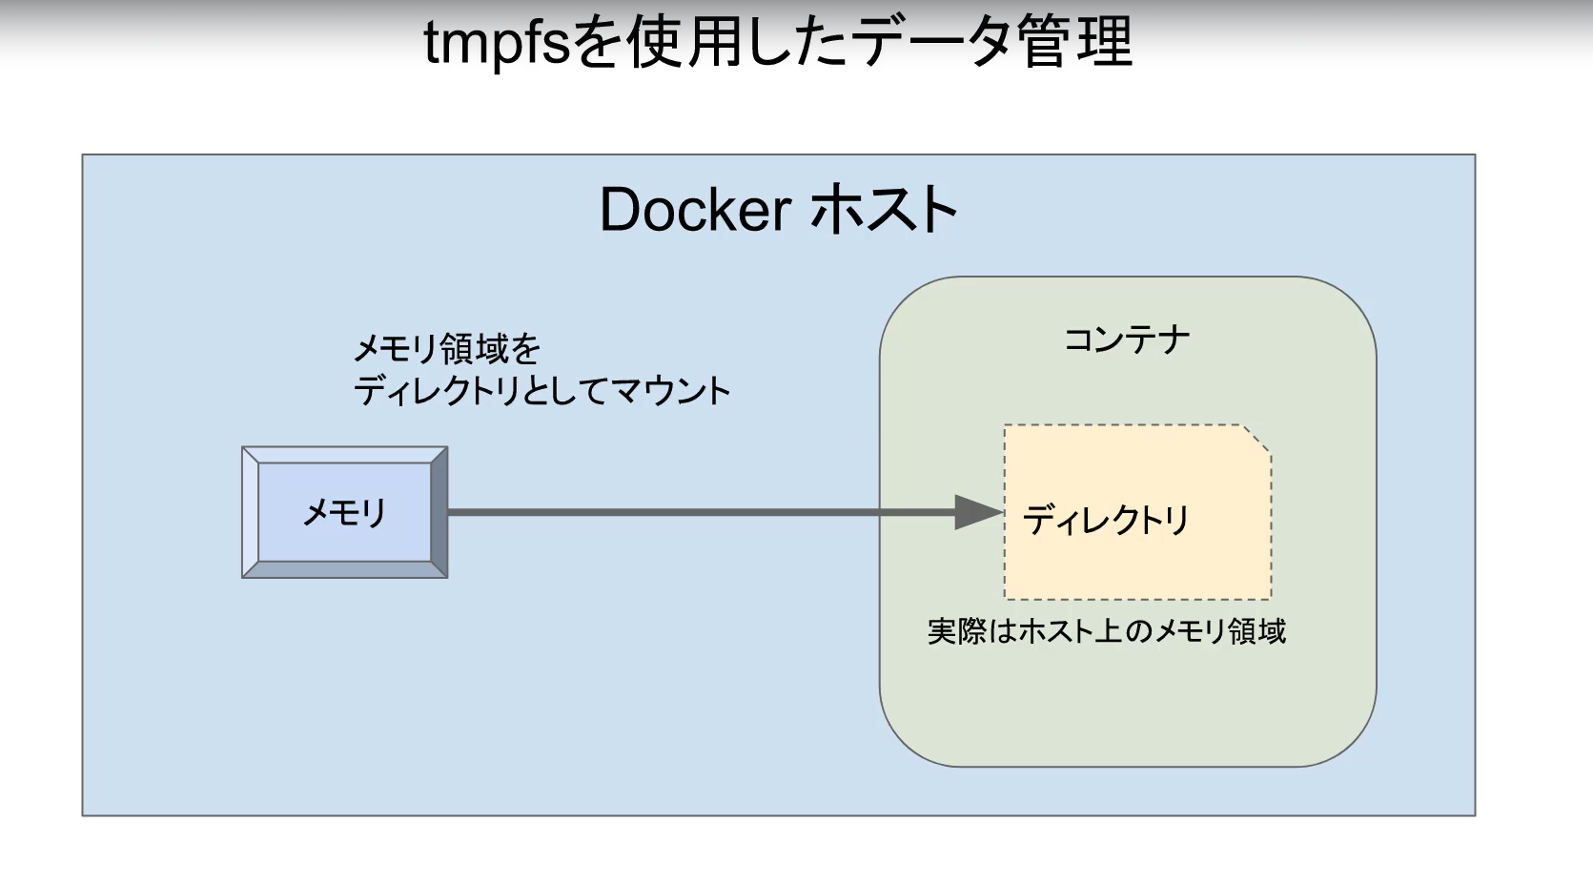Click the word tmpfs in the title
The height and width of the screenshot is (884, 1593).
pyautogui.click(x=496, y=43)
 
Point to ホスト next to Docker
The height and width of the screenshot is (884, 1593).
pyautogui.click(x=884, y=210)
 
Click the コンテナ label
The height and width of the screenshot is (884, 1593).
pyautogui.click(x=1127, y=339)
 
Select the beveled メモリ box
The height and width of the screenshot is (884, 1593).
pyautogui.click(x=344, y=513)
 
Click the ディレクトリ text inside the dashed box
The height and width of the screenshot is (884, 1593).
pyautogui.click(x=1106, y=520)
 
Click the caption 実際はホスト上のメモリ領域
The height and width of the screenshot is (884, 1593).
pyautogui.click(x=1106, y=631)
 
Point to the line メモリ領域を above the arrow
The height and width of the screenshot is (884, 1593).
pyautogui.click(x=446, y=349)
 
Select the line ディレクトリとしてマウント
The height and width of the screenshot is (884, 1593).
pyautogui.click(x=541, y=391)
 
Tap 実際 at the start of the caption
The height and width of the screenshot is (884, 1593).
pyautogui.click(x=956, y=631)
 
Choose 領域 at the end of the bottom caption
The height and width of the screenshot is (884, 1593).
pyautogui.click(x=1256, y=631)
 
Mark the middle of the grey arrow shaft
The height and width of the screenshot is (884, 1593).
pyautogui.click(x=701, y=512)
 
